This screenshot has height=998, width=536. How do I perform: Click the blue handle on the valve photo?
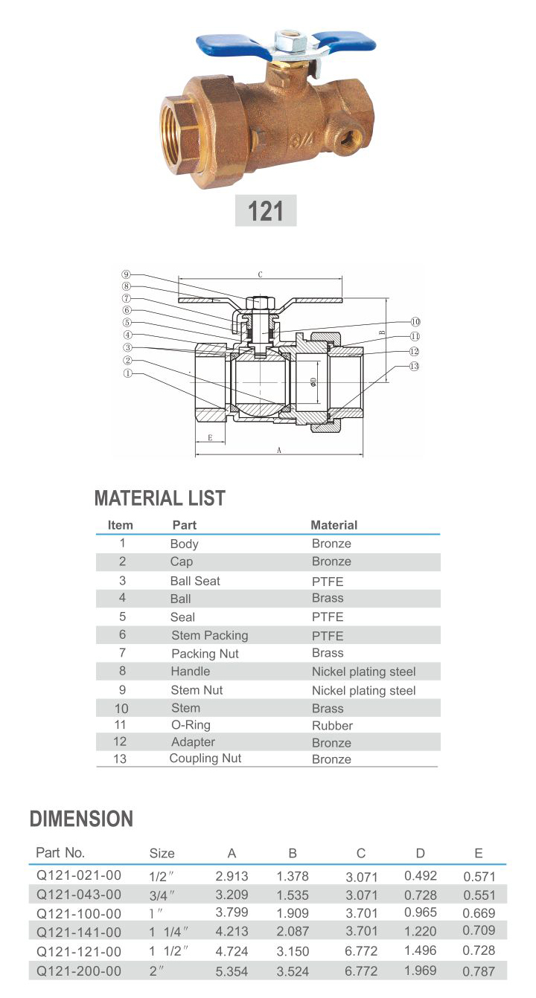[x=223, y=45]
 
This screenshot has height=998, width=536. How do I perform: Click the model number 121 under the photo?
[x=266, y=211]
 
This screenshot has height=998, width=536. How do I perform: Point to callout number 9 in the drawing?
[x=126, y=274]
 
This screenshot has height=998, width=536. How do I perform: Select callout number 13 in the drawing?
[x=415, y=366]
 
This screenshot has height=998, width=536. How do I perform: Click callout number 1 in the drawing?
[x=128, y=374]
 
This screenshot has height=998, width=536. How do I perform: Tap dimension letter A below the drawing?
[x=278, y=450]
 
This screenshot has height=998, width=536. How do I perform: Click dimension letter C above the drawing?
[x=260, y=274]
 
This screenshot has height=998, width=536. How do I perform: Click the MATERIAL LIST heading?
[x=160, y=498]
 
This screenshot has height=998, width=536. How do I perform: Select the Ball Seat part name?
[x=195, y=581]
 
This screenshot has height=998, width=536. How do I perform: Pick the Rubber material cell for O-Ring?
[x=332, y=725]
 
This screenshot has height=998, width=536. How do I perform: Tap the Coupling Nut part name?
[x=205, y=759]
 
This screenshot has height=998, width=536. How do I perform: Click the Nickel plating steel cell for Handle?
[x=363, y=672]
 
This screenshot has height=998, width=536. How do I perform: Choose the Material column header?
[x=334, y=525]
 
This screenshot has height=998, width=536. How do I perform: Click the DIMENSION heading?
[x=81, y=819]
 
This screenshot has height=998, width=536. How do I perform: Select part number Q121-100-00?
[x=78, y=912]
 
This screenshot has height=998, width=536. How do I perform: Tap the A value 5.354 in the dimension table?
[x=232, y=971]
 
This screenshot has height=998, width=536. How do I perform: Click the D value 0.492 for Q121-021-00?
[x=421, y=876]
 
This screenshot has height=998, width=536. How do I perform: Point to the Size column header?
[x=162, y=853]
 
